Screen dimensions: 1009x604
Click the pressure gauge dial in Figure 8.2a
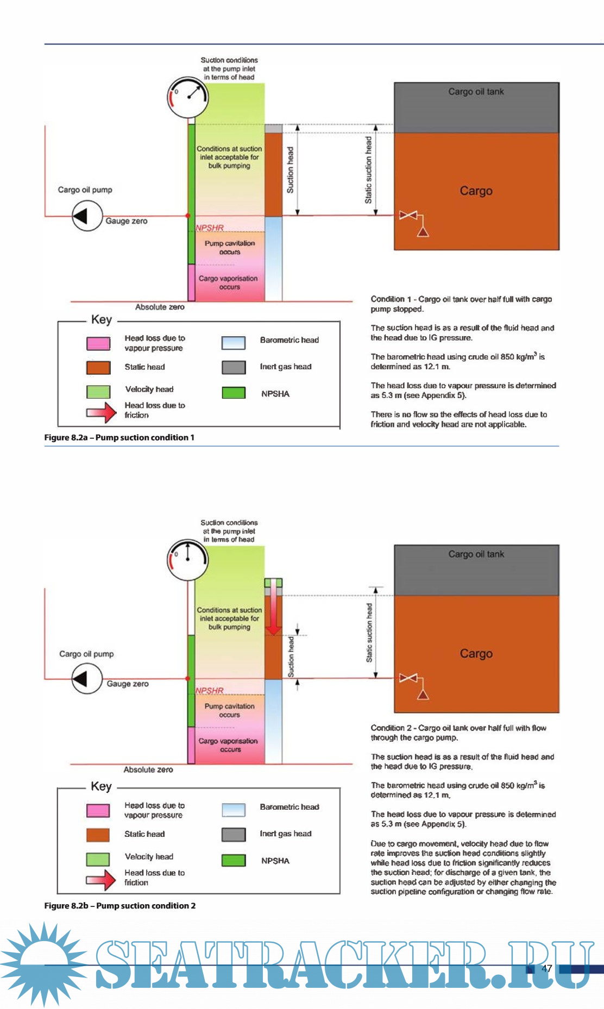[x=187, y=97]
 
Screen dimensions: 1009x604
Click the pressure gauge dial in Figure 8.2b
[x=187, y=559]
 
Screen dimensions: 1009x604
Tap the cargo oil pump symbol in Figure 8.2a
[x=87, y=216]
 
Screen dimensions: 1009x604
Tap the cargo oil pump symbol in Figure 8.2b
[x=87, y=678]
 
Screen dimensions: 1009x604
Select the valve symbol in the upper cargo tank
[x=408, y=216]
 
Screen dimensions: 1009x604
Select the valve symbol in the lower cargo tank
[x=408, y=678]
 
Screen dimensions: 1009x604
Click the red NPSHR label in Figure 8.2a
[x=210, y=228]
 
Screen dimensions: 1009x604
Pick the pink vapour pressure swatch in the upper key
[x=98, y=343]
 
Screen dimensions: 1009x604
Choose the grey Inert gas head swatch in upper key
[x=234, y=367]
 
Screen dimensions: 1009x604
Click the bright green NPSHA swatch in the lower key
[x=234, y=860]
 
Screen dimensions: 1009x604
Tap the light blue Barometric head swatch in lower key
[x=234, y=810]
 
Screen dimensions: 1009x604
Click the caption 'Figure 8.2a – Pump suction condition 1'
[x=119, y=438]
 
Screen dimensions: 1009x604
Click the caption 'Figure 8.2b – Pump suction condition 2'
[x=119, y=906]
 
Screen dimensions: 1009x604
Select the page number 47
[x=547, y=968]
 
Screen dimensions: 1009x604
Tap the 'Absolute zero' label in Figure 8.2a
[x=160, y=307]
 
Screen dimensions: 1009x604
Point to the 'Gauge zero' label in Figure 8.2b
[x=128, y=684]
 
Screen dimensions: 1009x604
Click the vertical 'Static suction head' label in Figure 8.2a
[x=368, y=170]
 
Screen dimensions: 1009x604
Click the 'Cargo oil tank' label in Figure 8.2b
[x=476, y=554]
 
